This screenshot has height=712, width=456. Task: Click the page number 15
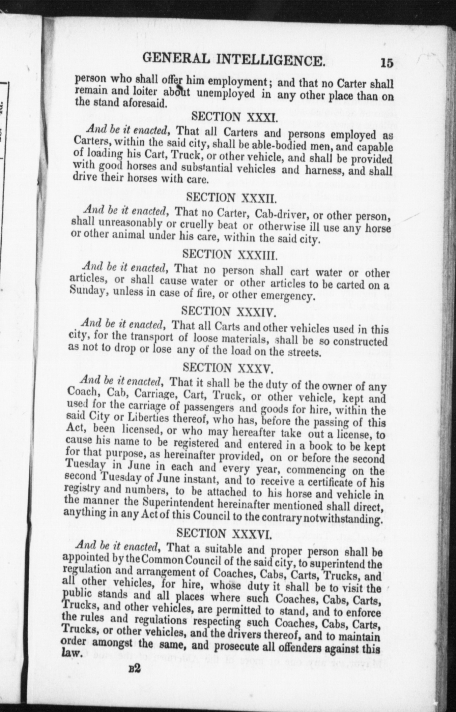pos(386,63)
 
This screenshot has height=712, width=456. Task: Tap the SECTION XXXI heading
pos(235,117)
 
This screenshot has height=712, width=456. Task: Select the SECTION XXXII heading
pos(231,198)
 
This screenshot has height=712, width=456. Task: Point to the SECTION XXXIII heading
pos(230,255)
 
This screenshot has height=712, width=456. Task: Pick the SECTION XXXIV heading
pos(229,311)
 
